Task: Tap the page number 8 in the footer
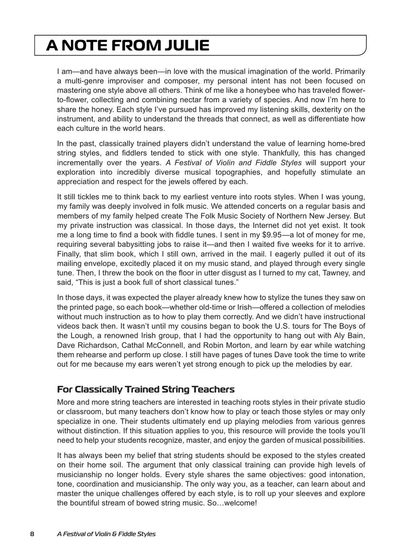[x=32, y=534]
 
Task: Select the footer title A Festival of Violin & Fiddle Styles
[x=106, y=534]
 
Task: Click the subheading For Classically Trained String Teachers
[x=146, y=389]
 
